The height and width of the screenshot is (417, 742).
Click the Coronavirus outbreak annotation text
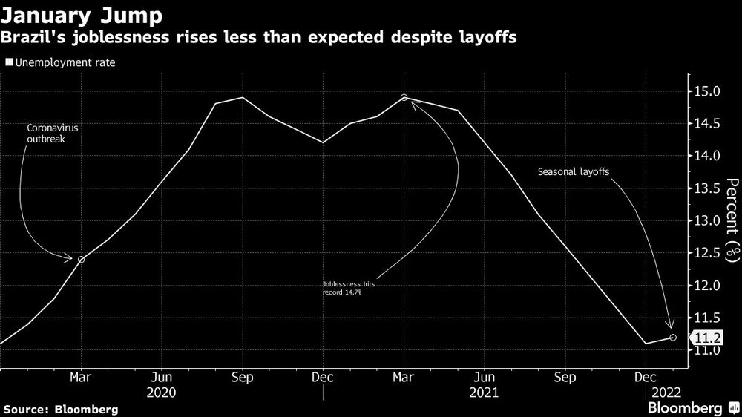[x=53, y=133]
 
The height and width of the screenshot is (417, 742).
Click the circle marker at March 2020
[x=81, y=259]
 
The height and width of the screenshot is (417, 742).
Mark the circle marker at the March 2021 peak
[x=404, y=97]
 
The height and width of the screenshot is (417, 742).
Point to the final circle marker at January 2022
[x=672, y=337]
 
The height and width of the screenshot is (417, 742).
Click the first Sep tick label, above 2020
[x=243, y=376]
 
